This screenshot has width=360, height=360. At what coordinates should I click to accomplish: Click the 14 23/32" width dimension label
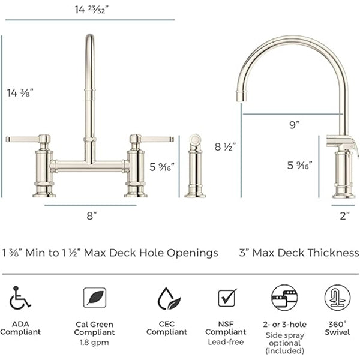[x=91, y=10]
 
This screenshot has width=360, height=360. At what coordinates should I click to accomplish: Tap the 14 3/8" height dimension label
[x=20, y=93]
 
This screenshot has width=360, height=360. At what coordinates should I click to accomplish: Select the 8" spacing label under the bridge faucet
[x=91, y=216]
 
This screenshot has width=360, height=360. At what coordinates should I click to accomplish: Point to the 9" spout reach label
[x=295, y=125]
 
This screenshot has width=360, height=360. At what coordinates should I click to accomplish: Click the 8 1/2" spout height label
[x=225, y=147]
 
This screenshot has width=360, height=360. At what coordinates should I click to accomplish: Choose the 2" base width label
[x=344, y=216]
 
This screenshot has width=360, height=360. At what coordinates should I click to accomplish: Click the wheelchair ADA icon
[x=20, y=298]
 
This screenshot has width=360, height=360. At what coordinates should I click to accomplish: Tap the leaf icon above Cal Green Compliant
[x=95, y=298]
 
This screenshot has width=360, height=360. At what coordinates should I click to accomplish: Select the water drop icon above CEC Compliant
[x=169, y=298]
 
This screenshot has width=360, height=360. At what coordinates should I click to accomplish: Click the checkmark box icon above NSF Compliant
[x=227, y=298]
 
